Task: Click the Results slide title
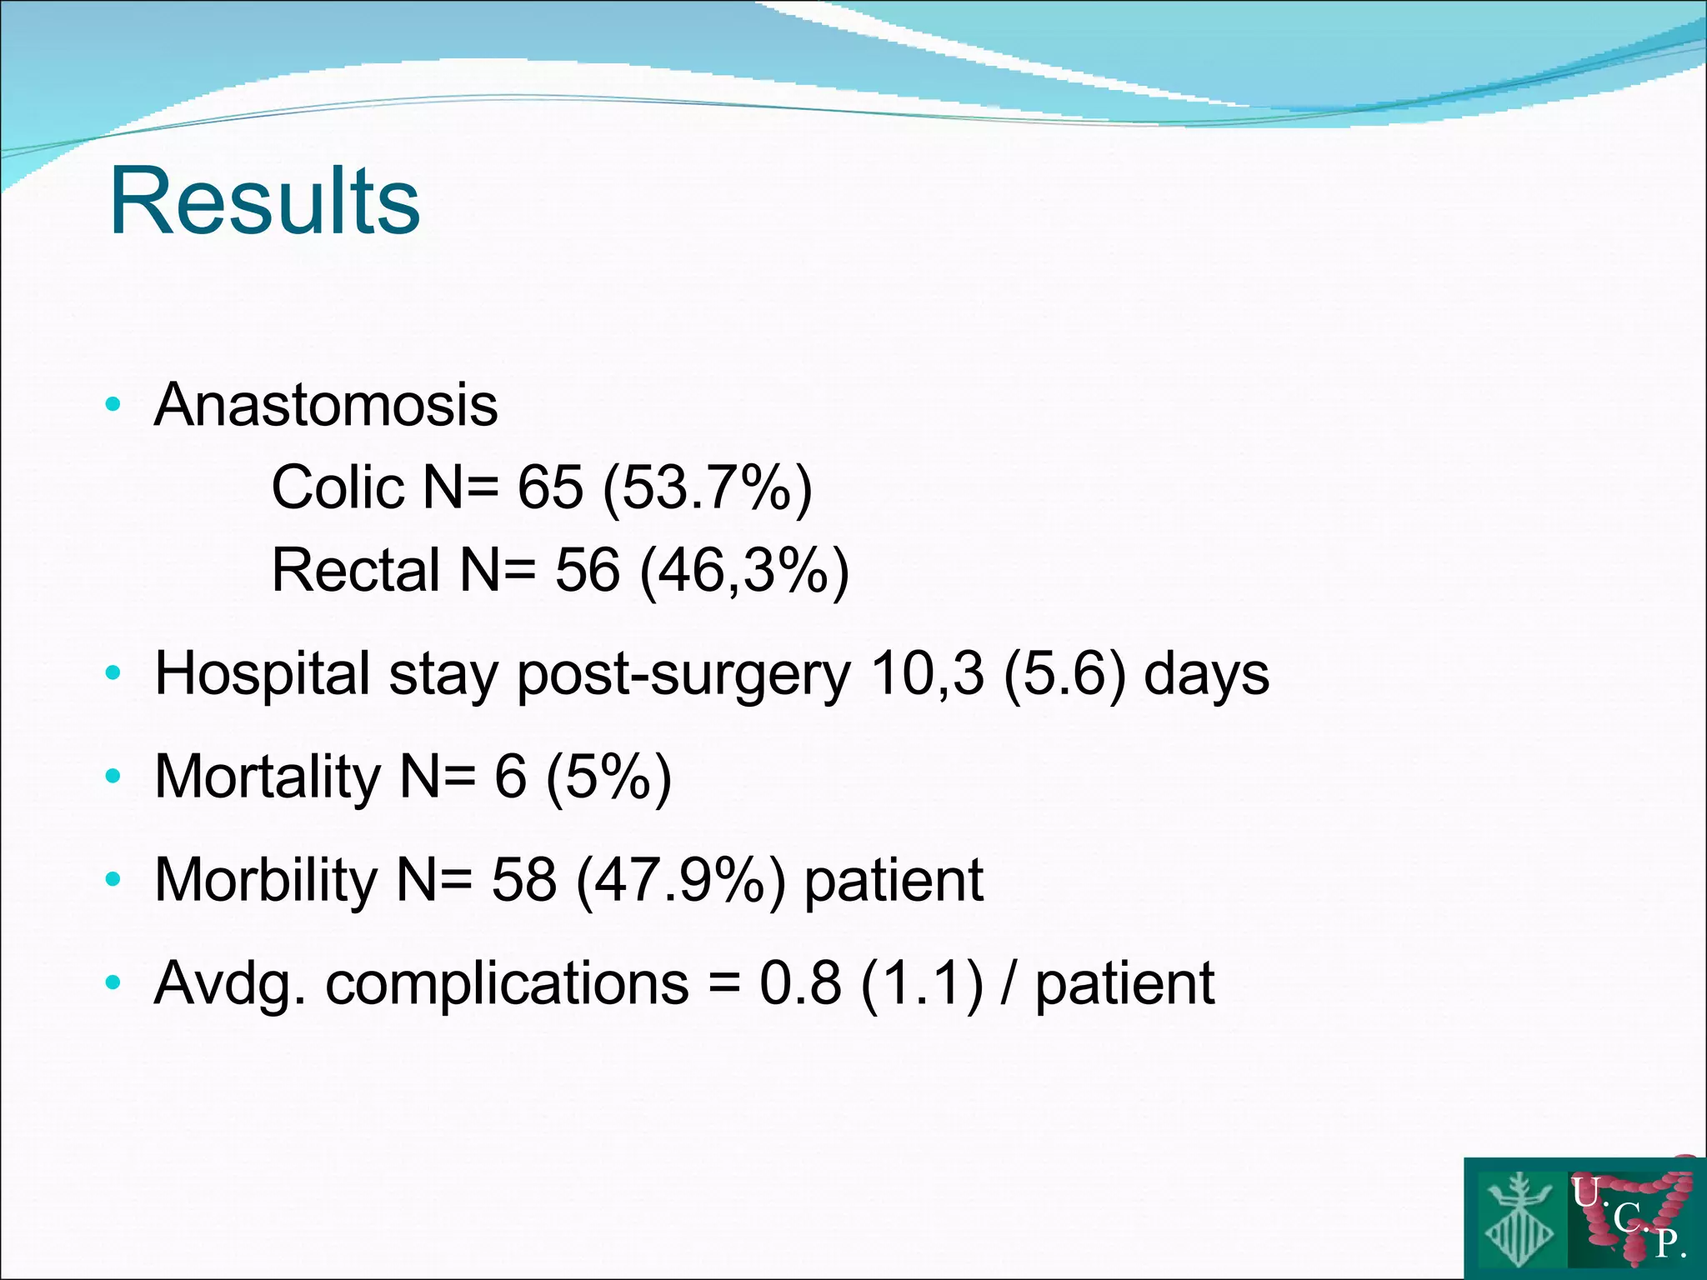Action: [x=265, y=202]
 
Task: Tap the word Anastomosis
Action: [x=326, y=405]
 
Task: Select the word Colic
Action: [x=338, y=487]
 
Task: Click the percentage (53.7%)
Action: [x=707, y=488]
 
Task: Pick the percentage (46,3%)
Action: [x=744, y=572]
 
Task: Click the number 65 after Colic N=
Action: [x=550, y=487]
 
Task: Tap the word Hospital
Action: [x=262, y=673]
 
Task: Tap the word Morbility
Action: [x=266, y=880]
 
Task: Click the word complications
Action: [x=507, y=984]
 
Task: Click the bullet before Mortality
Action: [x=113, y=777]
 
